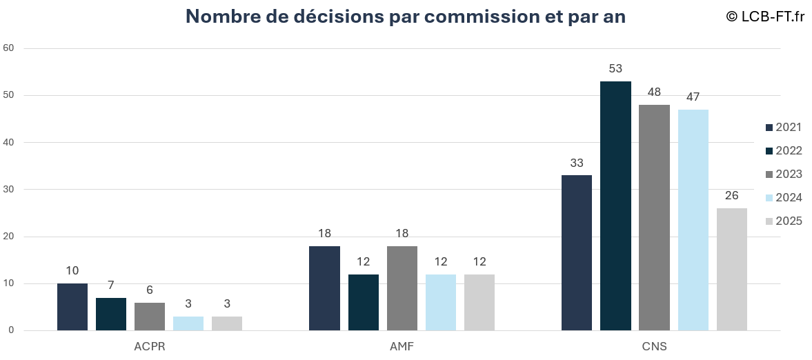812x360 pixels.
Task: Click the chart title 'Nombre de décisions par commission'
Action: click(405, 17)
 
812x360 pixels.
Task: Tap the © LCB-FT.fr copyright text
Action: click(765, 17)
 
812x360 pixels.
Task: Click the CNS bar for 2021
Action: click(577, 252)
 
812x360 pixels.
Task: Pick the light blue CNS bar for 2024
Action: click(693, 220)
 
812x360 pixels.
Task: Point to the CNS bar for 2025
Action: click(731, 269)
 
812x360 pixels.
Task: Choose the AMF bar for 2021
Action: click(324, 288)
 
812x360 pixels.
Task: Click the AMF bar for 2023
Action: click(402, 288)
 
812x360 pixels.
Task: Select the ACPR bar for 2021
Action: click(72, 307)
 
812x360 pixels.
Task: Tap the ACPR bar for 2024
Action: click(188, 323)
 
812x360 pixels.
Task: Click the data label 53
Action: click(615, 69)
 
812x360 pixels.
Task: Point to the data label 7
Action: click(111, 286)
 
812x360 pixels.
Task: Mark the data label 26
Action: click(731, 196)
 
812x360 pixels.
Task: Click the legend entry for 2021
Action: click(783, 127)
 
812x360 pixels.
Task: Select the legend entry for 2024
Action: click(783, 198)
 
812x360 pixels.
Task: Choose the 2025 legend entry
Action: click(783, 221)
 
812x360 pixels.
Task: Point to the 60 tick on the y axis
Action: click(8, 48)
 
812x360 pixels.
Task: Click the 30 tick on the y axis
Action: click(8, 190)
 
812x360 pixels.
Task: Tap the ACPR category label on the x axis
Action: click(149, 346)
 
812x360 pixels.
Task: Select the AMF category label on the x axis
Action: click(402, 346)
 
